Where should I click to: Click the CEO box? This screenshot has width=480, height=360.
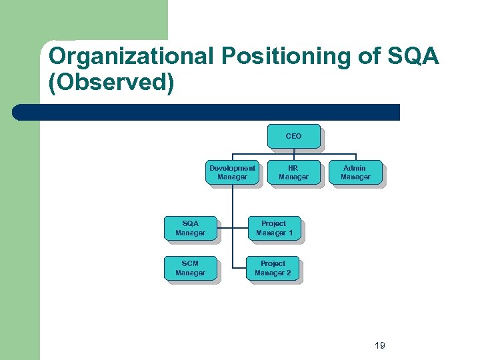[x=293, y=136]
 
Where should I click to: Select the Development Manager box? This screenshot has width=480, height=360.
[x=232, y=173]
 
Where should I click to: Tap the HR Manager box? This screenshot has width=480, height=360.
[x=293, y=173]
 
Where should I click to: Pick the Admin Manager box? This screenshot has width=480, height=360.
[x=355, y=173]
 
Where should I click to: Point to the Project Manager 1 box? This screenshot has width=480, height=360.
[x=273, y=228]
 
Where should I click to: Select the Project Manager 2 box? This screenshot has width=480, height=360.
[x=273, y=268]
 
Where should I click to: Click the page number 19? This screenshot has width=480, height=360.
[x=380, y=345]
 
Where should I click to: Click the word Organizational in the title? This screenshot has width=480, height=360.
[x=129, y=57]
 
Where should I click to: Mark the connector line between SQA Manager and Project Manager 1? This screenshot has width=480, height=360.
[x=233, y=228]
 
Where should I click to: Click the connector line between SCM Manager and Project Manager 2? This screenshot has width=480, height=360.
[x=233, y=269]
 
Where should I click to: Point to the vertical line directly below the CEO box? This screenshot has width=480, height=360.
[x=293, y=152]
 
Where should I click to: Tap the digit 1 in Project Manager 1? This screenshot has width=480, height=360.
[x=290, y=233]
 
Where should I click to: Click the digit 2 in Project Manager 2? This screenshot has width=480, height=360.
[x=289, y=273]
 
